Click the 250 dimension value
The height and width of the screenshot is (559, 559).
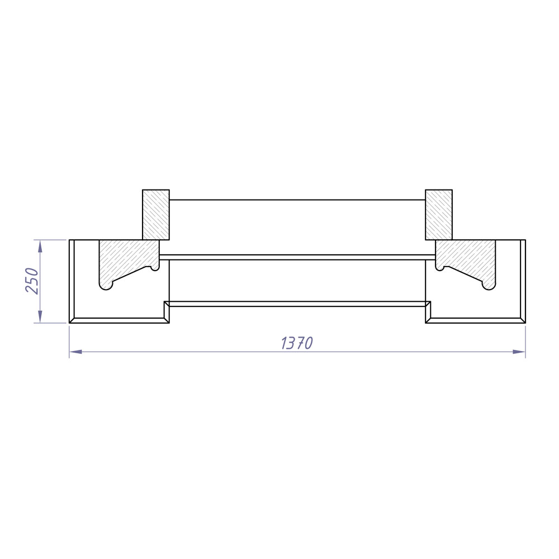(x=32, y=281)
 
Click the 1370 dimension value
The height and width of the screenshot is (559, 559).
(x=297, y=343)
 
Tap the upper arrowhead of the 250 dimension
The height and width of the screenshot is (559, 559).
(x=40, y=245)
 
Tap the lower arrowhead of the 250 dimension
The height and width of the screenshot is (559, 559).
(x=40, y=317)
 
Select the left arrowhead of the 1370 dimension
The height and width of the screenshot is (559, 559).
(x=75, y=352)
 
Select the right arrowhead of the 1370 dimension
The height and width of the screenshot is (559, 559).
(x=519, y=352)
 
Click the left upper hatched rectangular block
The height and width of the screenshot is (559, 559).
(x=156, y=215)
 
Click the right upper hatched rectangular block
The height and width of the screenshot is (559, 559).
(x=439, y=215)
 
